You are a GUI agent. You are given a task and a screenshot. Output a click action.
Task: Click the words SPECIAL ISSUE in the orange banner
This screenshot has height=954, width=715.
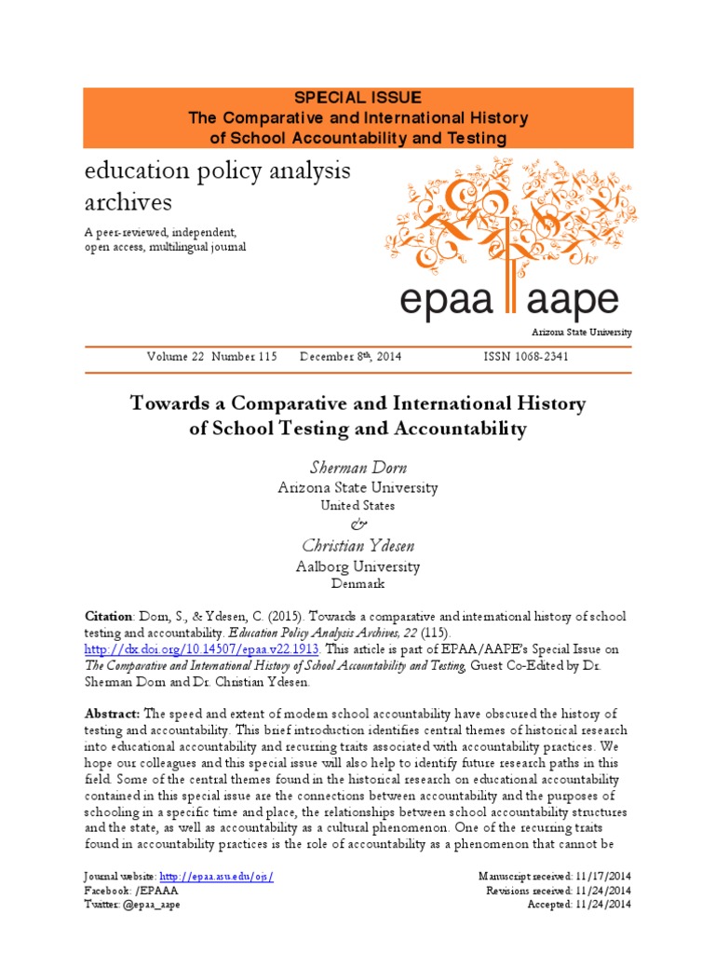(x=358, y=98)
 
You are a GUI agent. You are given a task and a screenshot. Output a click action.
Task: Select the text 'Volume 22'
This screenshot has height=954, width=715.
(x=175, y=357)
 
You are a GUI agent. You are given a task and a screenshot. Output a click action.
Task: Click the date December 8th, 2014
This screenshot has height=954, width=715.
(x=351, y=357)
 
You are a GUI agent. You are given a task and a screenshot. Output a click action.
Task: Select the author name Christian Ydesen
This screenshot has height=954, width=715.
(x=357, y=545)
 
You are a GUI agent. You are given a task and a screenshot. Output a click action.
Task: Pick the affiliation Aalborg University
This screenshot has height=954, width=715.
(x=357, y=566)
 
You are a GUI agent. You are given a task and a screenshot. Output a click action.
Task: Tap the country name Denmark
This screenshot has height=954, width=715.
(x=357, y=584)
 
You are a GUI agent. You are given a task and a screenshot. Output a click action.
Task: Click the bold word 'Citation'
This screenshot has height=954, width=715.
(x=109, y=618)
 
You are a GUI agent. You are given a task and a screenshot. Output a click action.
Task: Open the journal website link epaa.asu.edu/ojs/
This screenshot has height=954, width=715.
(x=217, y=877)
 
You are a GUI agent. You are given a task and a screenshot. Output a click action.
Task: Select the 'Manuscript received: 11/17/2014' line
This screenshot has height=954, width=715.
(x=554, y=877)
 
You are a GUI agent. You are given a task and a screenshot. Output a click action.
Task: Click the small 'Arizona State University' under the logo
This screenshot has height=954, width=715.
(x=582, y=333)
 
